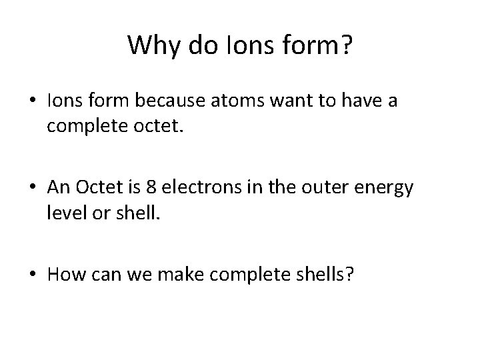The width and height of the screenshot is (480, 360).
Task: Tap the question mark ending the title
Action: coord(346,46)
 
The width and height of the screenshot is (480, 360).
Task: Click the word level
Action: coord(65,211)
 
